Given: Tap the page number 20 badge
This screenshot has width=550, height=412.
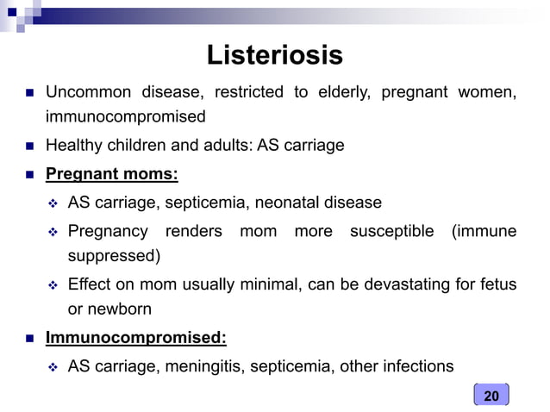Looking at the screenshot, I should [491, 396].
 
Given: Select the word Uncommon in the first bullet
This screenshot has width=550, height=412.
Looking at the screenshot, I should [84, 92].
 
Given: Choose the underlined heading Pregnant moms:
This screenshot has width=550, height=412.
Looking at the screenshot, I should [111, 174].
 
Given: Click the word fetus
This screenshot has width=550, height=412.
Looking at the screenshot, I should [499, 284].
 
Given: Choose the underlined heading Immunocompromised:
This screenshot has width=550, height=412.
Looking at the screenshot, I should [135, 338].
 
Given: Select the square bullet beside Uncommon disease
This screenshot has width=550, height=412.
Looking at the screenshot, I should [28, 93].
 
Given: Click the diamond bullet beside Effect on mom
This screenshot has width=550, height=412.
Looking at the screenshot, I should [53, 285].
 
